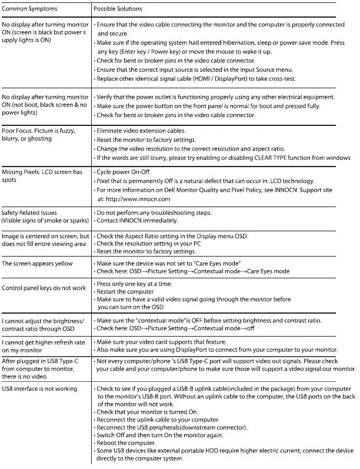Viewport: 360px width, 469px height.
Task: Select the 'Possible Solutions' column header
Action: tap(118, 9)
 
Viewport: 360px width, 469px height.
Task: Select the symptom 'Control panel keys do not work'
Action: tap(44, 288)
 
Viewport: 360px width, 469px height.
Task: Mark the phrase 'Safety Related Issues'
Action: tap(30, 212)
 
